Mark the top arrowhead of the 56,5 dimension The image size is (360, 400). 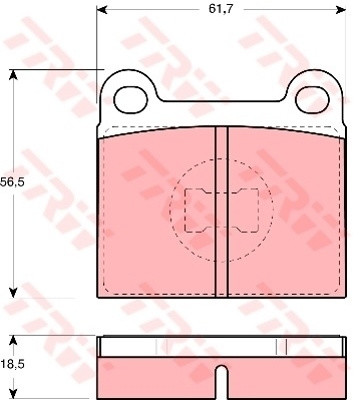coord(13,75)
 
